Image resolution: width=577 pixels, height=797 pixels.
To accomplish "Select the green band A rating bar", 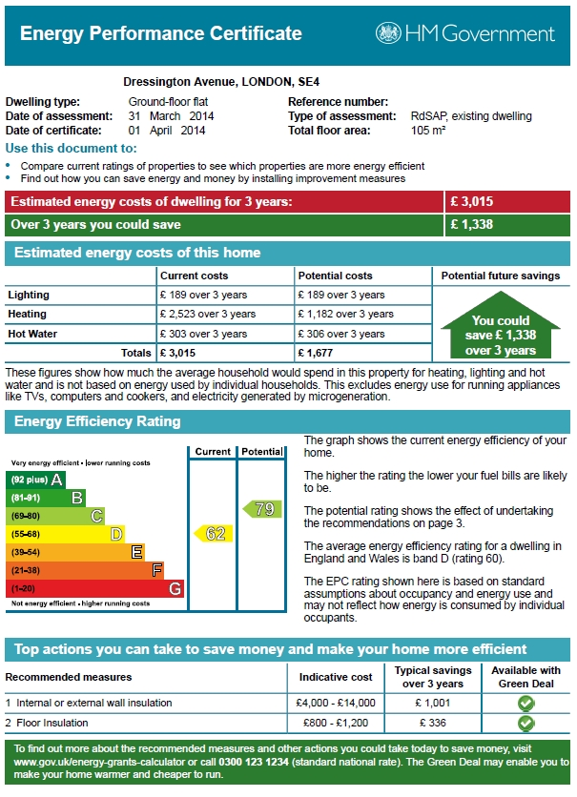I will tap(37, 479).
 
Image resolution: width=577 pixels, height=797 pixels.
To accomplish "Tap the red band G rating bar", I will tap(95, 588).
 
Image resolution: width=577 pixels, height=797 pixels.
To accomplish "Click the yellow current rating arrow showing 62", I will tap(212, 534).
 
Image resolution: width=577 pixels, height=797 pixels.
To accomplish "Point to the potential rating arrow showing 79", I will tap(260, 509).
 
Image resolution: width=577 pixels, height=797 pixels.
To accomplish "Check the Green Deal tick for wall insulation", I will tap(525, 704).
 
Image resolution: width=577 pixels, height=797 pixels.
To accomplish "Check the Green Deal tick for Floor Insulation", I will tap(525, 724).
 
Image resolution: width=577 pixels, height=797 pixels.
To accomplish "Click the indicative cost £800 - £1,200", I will tap(337, 723).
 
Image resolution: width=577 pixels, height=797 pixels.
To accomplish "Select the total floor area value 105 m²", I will tap(428, 130).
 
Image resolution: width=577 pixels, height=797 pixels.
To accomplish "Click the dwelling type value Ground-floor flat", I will tap(169, 102).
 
